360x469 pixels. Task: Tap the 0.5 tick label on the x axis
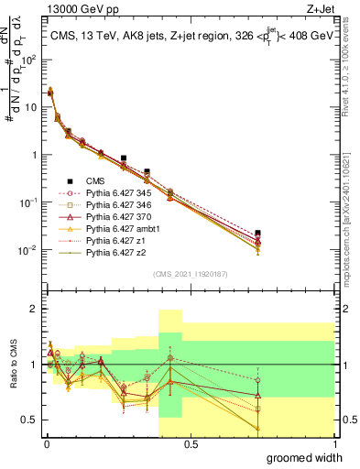coord(189,442)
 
